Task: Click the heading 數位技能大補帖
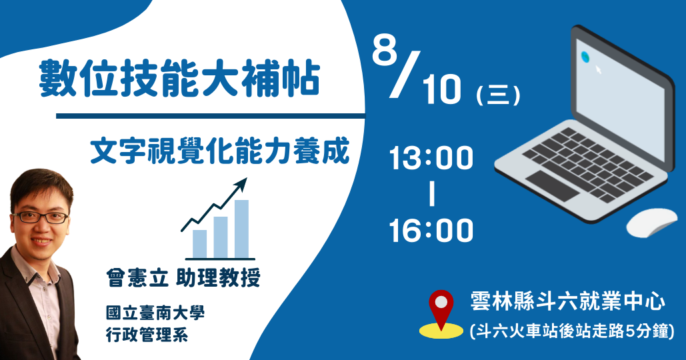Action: point(179,79)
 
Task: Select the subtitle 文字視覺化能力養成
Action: point(220,151)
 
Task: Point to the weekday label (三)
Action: point(498,95)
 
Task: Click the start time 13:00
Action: point(431,158)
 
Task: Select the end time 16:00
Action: point(431,230)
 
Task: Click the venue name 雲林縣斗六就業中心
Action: point(567,301)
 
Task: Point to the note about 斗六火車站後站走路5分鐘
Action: point(571,331)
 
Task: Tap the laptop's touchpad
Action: point(553,185)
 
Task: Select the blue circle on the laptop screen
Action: point(585,57)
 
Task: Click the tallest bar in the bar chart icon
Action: point(241,229)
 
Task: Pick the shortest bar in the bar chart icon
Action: point(199,243)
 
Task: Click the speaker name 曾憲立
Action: point(137,277)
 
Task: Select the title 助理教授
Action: point(218,277)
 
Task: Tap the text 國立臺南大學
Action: point(155,313)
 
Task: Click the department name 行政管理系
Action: point(147,335)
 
